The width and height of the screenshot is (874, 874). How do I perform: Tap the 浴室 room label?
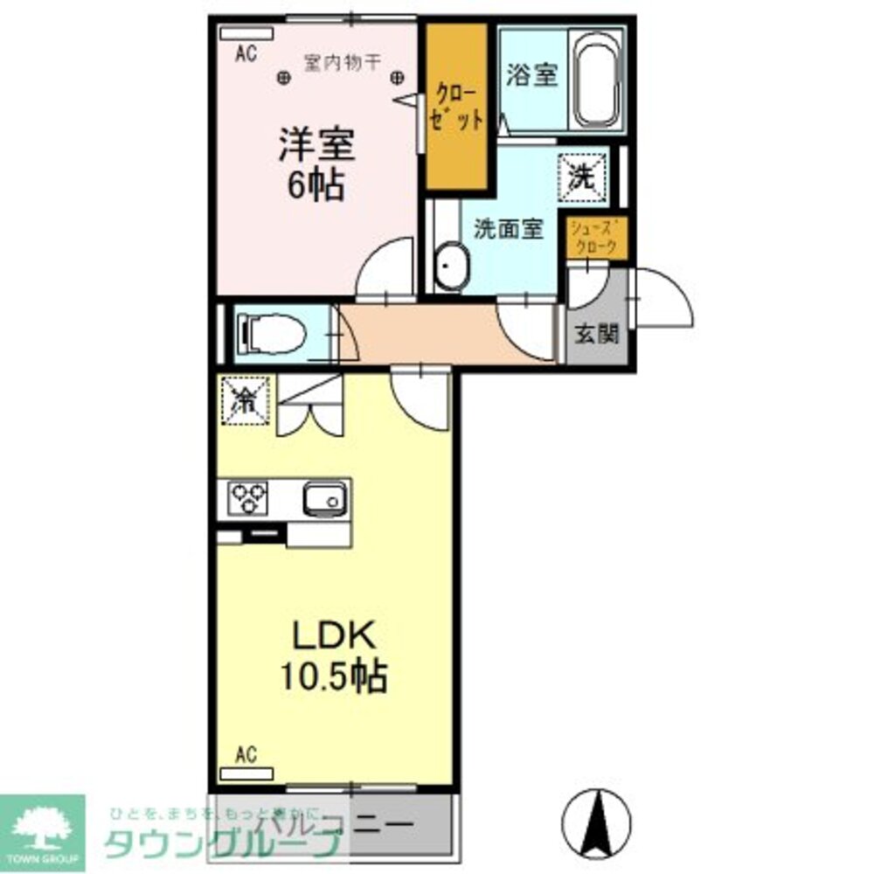531,76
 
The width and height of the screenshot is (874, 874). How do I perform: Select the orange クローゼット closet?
455,107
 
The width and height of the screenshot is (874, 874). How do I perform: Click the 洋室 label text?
316,145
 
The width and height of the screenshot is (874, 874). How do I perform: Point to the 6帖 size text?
316,185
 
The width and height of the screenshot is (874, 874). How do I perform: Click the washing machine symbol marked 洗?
582,176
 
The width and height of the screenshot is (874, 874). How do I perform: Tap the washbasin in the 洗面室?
451,261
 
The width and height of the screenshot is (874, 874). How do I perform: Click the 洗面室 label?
509,229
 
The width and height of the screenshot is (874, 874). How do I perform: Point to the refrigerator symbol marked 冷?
246,399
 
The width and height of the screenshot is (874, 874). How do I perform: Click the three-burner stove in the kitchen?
249,499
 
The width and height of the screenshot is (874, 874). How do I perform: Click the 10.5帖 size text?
333,676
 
